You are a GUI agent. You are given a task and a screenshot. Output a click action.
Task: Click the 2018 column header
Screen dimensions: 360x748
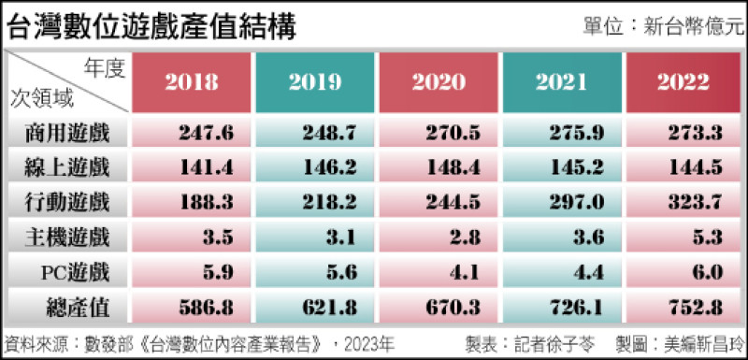tap(192, 82)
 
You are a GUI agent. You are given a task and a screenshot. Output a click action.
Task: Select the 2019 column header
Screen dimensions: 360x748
tap(315, 82)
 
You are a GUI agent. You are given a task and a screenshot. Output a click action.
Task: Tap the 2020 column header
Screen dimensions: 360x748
tap(439, 82)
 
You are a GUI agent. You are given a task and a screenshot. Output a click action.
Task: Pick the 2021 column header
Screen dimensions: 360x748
tap(562, 82)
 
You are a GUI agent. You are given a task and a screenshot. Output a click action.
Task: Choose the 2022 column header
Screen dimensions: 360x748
tap(683, 82)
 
